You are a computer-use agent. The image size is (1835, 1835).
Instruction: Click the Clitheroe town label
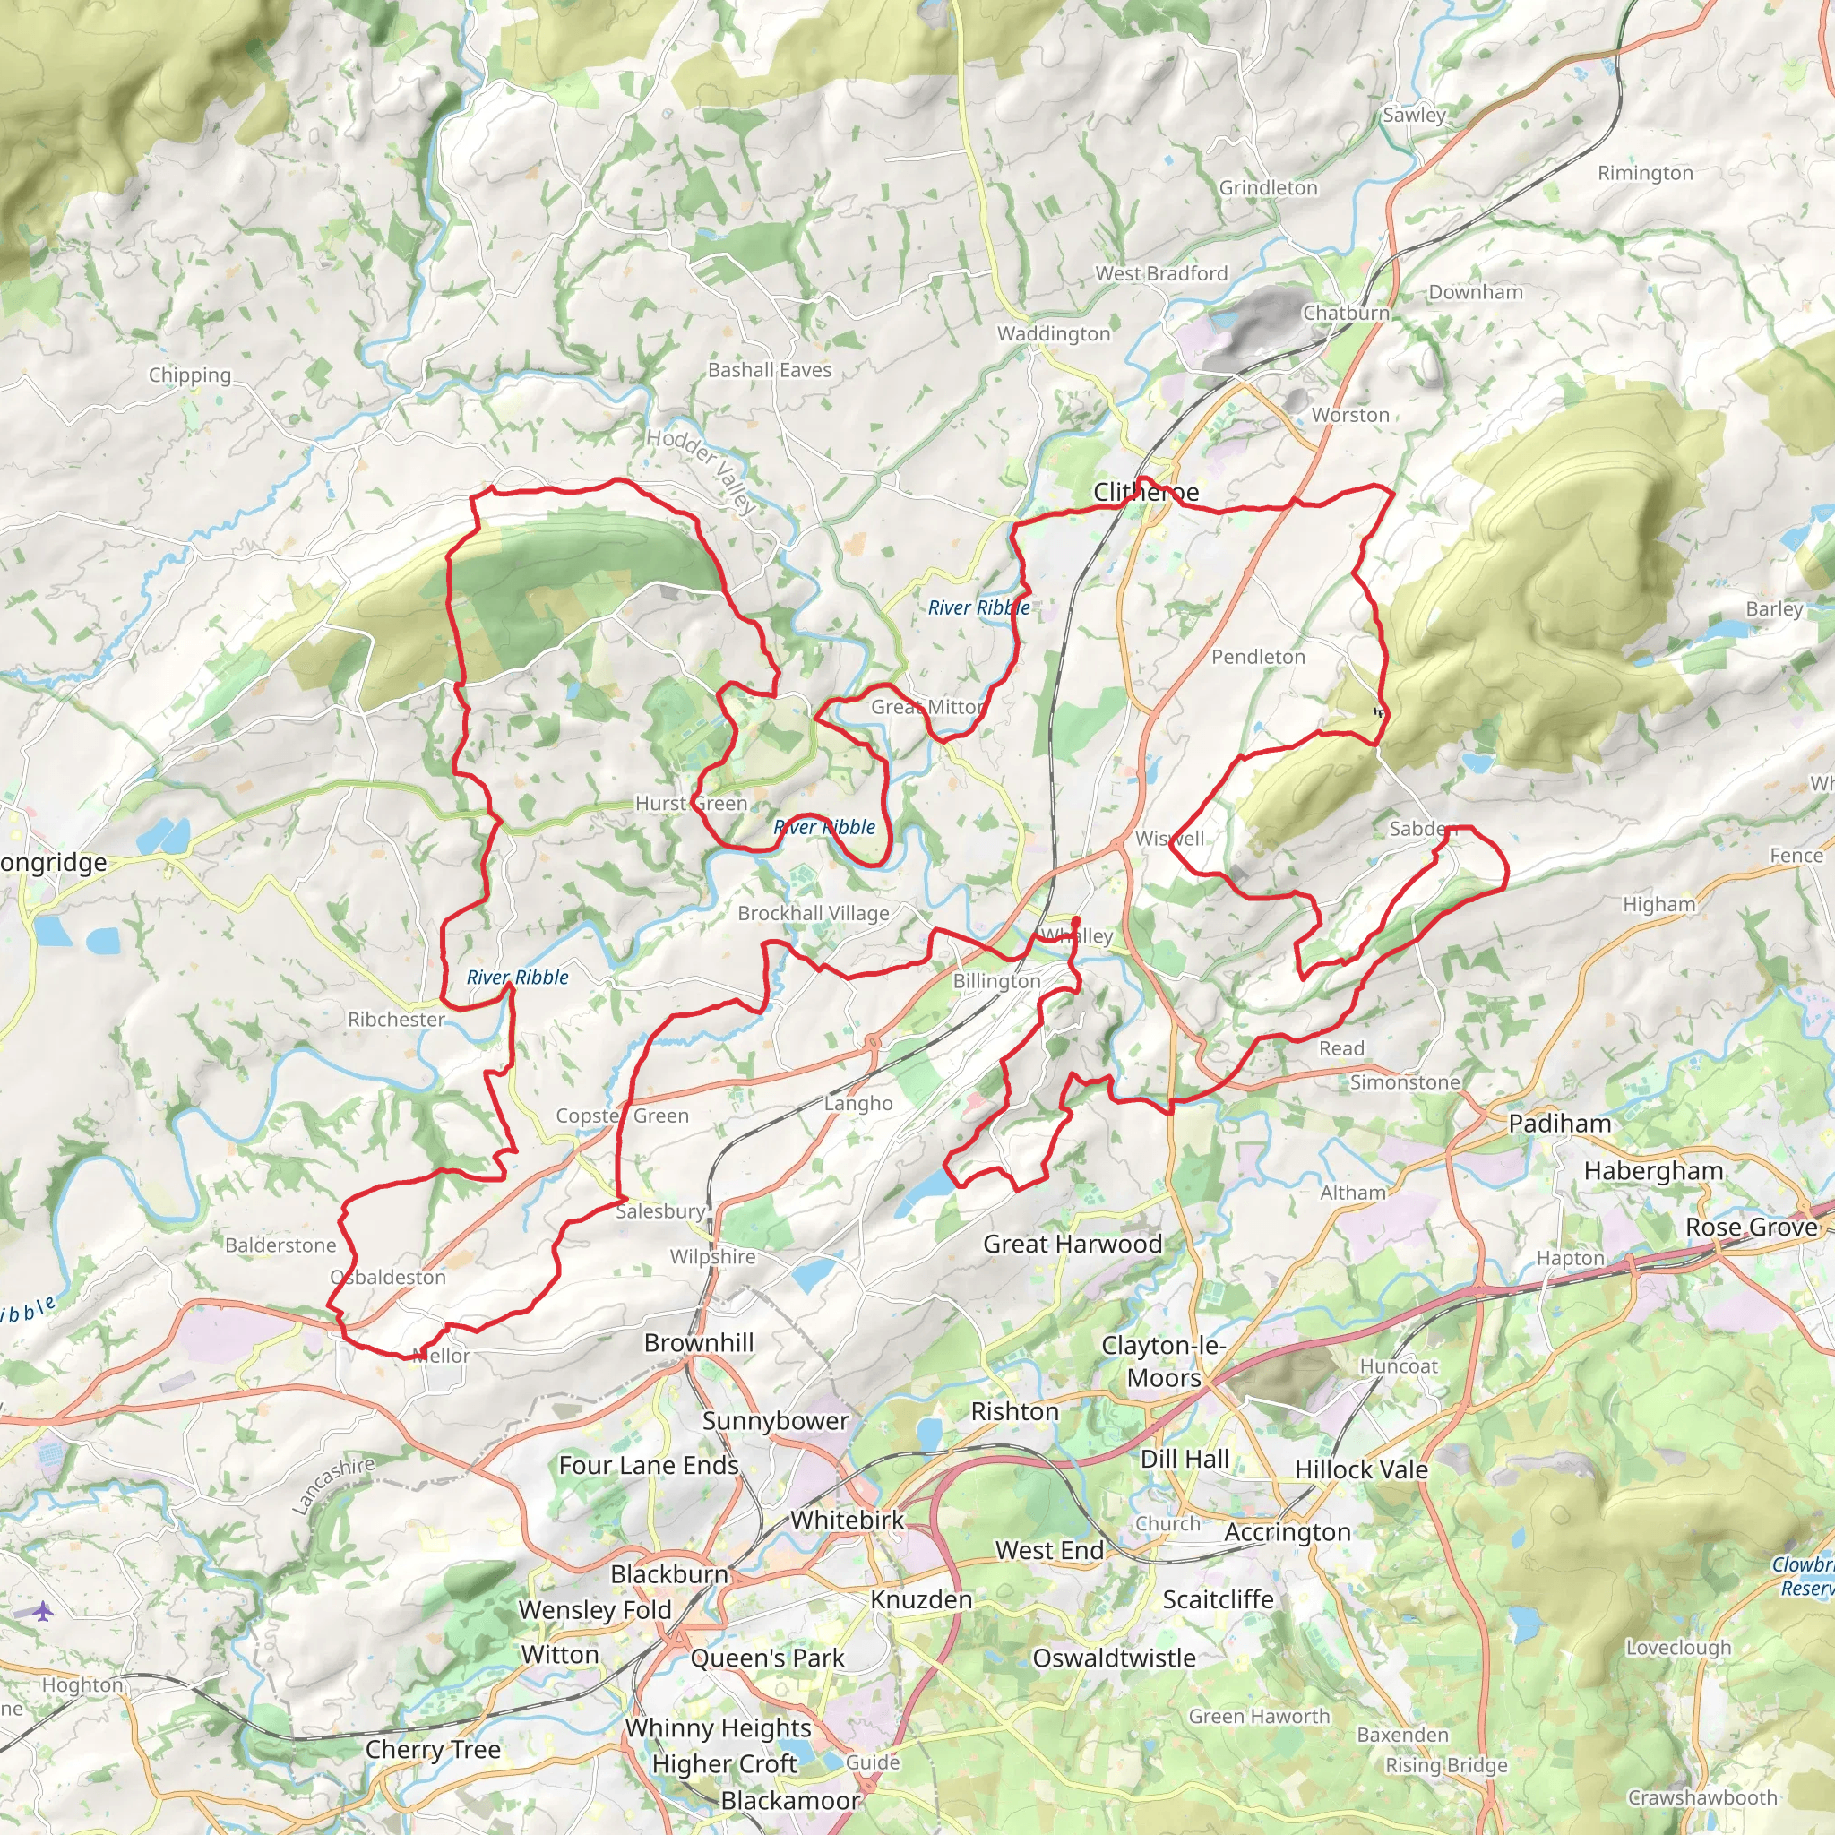1145,492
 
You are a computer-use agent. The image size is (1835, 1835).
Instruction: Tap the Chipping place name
189,375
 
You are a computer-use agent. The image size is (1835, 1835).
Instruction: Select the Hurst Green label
691,804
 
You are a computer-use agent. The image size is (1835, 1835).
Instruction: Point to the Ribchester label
396,1019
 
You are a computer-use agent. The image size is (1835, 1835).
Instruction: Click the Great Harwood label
1073,1244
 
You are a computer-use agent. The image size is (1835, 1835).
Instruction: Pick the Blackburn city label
668,1573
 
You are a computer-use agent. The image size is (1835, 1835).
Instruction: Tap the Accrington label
1287,1532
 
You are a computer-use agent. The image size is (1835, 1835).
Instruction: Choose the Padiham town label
1560,1124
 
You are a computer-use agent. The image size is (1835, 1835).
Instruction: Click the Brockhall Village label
813,913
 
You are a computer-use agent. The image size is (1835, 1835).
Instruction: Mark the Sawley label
1413,115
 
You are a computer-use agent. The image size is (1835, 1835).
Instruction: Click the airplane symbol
43,1611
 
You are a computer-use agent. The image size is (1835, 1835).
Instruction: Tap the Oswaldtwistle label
1113,1658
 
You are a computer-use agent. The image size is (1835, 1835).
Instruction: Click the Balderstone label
280,1245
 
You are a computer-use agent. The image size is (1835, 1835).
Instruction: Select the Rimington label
1645,173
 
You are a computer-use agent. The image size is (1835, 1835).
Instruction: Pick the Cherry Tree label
433,1750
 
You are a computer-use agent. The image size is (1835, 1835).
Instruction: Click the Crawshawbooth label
1702,1797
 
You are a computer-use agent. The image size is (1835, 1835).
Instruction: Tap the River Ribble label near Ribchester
518,978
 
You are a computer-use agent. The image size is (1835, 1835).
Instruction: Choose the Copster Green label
622,1116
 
